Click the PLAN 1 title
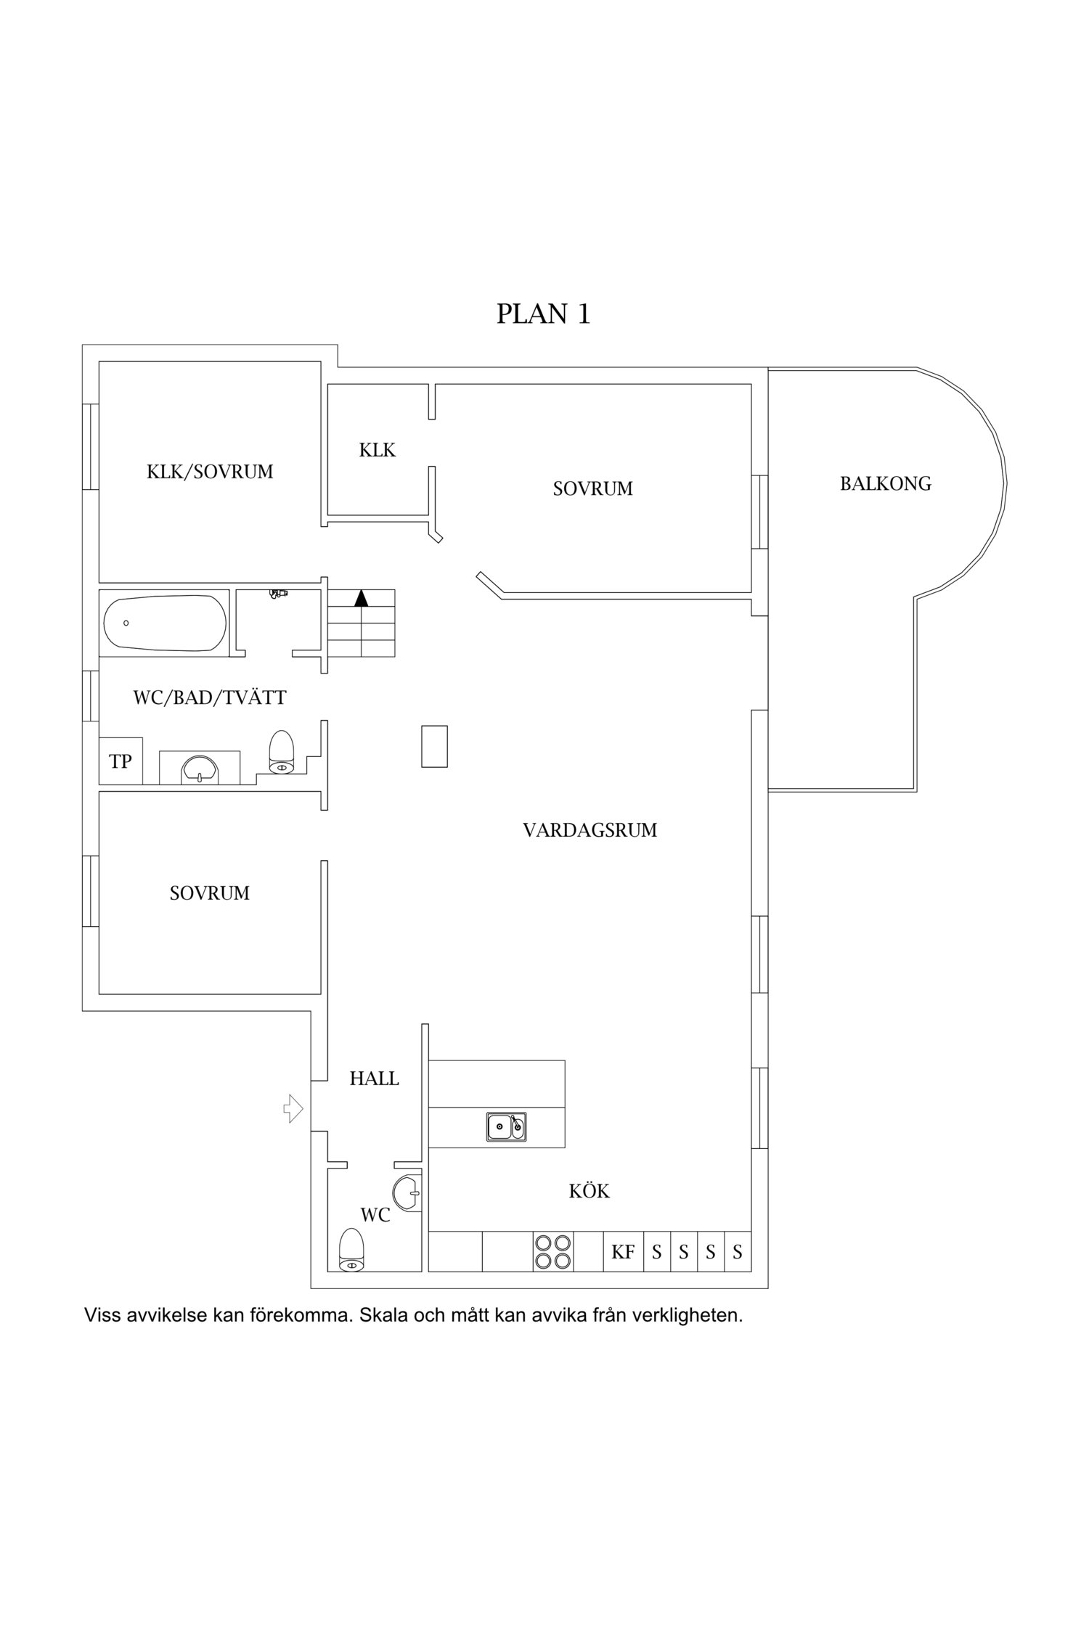coord(543,314)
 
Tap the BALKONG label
coord(885,484)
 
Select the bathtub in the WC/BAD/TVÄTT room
coord(164,623)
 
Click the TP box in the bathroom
coord(121,761)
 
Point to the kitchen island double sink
coord(506,1126)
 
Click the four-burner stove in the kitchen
coord(552,1252)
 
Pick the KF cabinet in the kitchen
coord(623,1252)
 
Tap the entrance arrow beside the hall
coord(293,1108)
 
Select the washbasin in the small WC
coord(407,1192)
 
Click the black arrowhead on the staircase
coord(361,598)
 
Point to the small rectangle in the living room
coord(435,746)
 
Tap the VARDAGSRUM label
coord(590,830)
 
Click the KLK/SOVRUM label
coord(210,472)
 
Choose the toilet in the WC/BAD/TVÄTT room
coord(281,752)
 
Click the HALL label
coord(374,1079)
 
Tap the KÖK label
coord(589,1191)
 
